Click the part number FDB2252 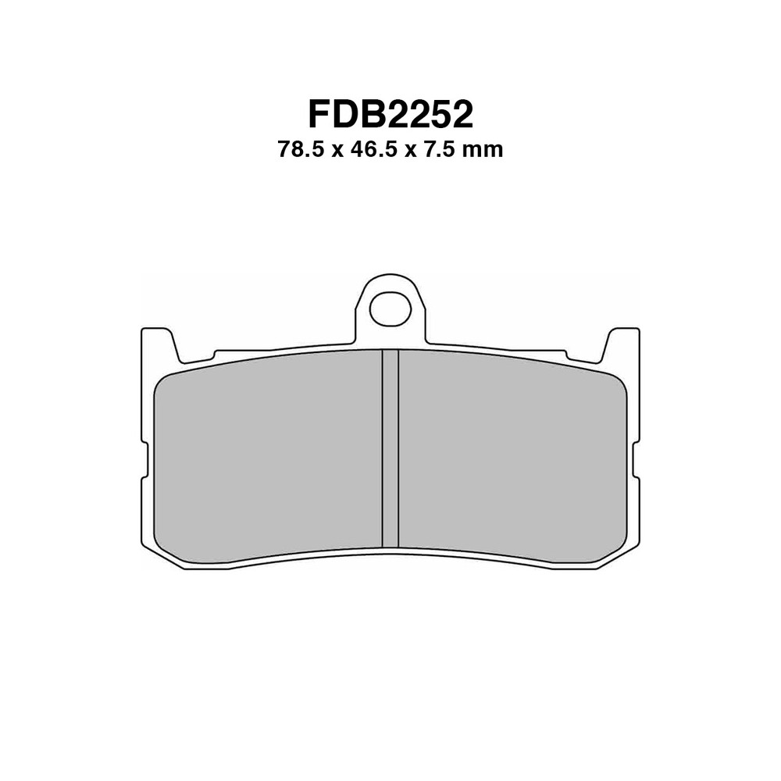[x=390, y=115]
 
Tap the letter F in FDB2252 [x=320, y=115]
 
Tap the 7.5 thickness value [x=437, y=149]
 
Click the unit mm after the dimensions [x=483, y=149]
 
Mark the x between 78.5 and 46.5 [x=338, y=150]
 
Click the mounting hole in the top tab [x=390, y=309]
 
